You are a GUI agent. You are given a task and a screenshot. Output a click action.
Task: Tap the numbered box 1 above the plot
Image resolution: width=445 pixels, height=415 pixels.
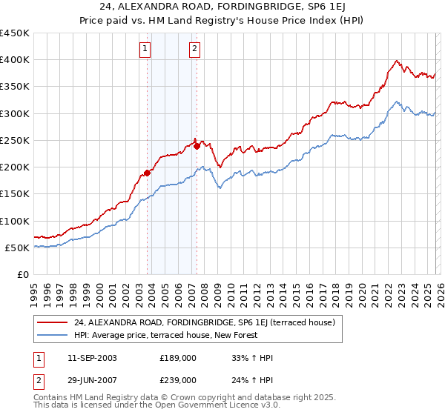pyautogui.click(x=145, y=50)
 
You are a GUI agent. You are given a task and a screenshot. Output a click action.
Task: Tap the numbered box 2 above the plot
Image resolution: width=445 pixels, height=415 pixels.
pyautogui.click(x=194, y=50)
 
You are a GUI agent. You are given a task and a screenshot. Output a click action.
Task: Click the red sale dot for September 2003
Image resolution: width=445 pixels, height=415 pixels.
pyautogui.click(x=148, y=173)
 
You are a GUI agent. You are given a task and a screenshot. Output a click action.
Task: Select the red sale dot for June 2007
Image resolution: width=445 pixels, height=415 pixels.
pyautogui.click(x=197, y=146)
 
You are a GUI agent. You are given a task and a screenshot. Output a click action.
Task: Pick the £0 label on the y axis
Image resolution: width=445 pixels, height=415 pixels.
pyautogui.click(x=22, y=274)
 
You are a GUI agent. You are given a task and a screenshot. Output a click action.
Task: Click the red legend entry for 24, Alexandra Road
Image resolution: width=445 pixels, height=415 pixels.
pyautogui.click(x=204, y=322)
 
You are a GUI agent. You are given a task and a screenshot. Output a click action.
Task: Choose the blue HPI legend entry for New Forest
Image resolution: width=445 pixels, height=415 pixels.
pyautogui.click(x=165, y=335)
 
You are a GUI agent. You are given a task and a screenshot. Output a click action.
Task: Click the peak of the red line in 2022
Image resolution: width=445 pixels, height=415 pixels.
pyautogui.click(x=398, y=61)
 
